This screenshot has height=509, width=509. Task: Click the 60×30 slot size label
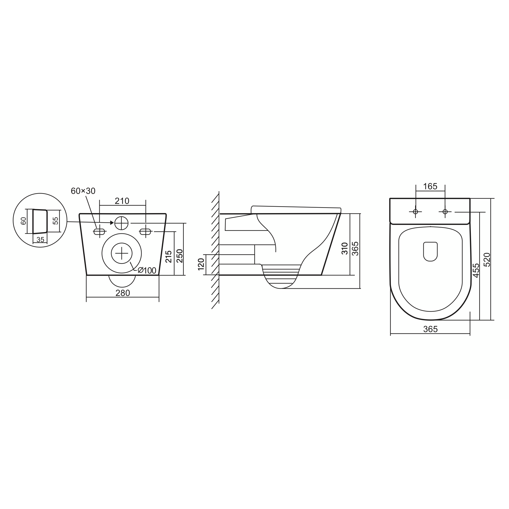[x=83, y=191]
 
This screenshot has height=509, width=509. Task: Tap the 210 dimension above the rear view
[x=122, y=201]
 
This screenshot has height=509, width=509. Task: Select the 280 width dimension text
[x=123, y=293]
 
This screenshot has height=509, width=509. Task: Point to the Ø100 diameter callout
[x=147, y=270]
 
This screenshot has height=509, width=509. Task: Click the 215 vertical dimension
[x=168, y=257]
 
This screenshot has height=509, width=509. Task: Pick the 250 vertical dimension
[x=179, y=256]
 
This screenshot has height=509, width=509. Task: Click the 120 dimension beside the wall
[x=201, y=264]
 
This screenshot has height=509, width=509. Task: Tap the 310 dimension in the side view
[x=345, y=248]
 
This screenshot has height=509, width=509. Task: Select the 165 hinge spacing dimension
[x=430, y=186]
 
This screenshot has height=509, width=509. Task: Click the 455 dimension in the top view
[x=476, y=270]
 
